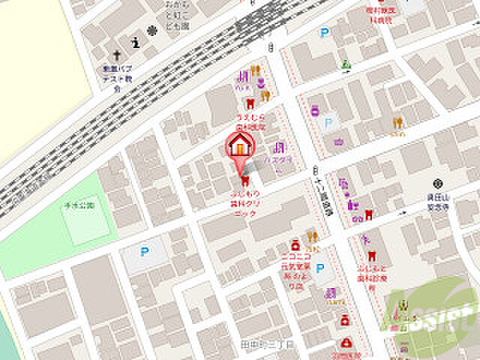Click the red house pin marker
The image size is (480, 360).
tap(240, 145)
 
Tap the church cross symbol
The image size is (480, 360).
tap(117, 55)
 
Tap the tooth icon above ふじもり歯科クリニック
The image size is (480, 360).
tap(244, 180)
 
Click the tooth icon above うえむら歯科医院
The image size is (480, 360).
tap(250, 103)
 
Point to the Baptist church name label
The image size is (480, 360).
tap(114, 77)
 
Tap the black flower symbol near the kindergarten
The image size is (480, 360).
tap(152, 31)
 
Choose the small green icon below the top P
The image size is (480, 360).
tap(346, 64)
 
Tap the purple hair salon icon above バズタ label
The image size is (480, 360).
tap(279, 148)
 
